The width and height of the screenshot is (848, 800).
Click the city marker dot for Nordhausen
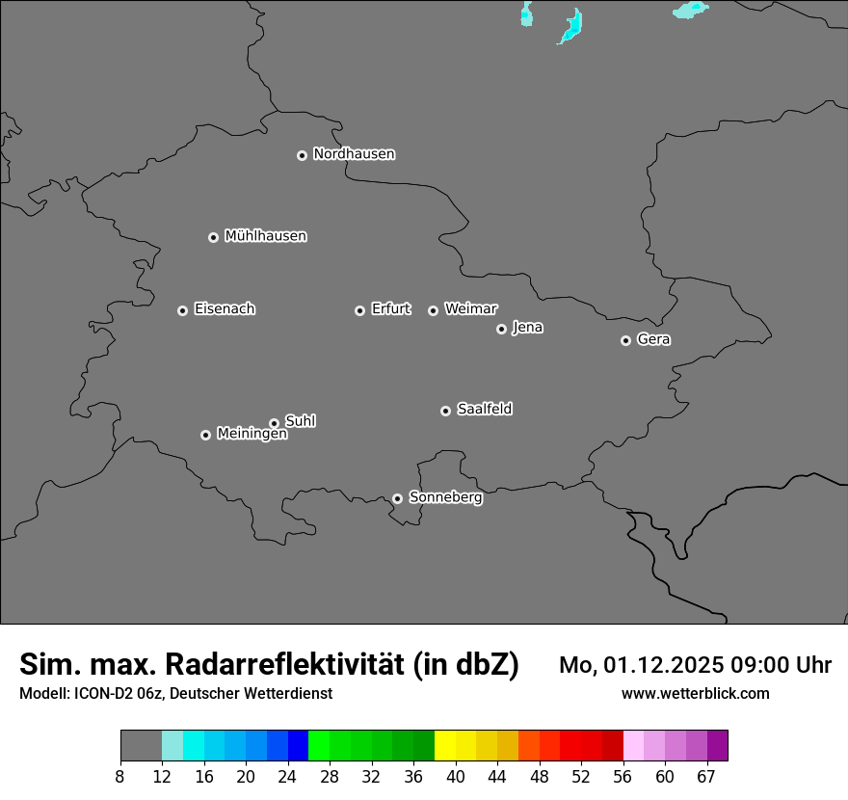coord(302,155)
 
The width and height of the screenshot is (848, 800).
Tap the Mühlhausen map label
coord(265,236)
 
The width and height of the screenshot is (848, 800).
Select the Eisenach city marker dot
coord(182,310)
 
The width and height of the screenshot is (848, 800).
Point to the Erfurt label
coord(390,309)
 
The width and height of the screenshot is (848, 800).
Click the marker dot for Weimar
coord(433,310)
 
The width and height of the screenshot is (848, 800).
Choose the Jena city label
coord(527,328)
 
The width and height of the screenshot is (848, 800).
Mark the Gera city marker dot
coord(625,340)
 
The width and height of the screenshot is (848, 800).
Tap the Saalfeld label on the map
coord(484,410)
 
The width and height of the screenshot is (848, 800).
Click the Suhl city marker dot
coord(274,423)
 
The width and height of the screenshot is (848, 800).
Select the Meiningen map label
coord(252,435)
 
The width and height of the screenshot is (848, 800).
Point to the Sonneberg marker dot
coord(397,498)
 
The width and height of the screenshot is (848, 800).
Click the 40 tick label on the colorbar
coord(456,776)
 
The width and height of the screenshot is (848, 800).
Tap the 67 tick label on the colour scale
coord(706,776)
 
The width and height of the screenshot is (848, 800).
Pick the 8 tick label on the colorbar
coord(120,776)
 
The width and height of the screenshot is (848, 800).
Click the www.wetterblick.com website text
coord(695,693)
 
